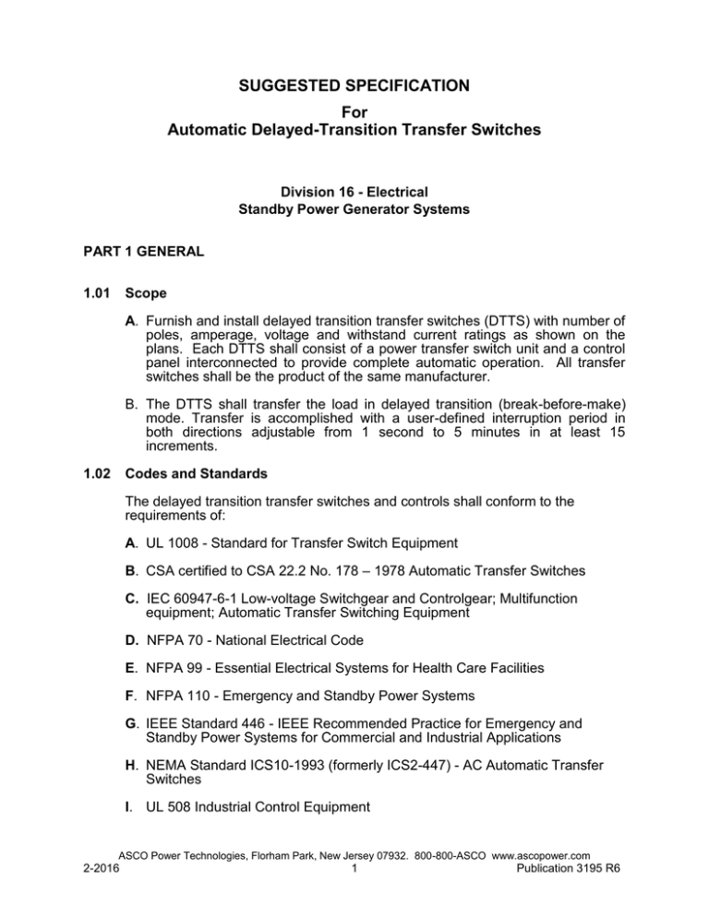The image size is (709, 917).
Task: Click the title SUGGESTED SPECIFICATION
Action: [x=354, y=86]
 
